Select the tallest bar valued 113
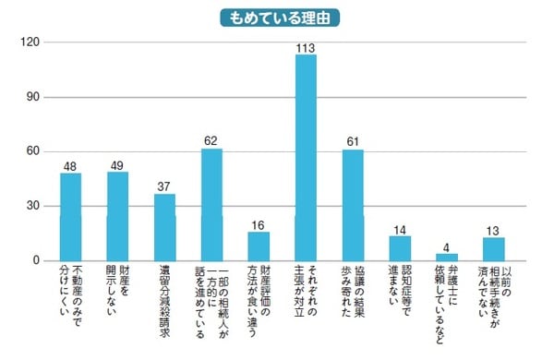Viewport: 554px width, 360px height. (x=306, y=158)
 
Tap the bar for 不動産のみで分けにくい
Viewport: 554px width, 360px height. (x=71, y=217)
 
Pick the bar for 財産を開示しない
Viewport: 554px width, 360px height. (x=118, y=216)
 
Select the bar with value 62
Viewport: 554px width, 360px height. (x=211, y=204)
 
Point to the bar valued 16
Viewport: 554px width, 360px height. (x=259, y=246)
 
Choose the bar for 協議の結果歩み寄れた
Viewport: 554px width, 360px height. (x=353, y=205)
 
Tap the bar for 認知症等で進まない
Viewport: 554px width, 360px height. (x=400, y=248)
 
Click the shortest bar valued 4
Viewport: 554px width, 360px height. (x=447, y=258)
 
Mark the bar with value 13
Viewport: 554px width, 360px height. (x=494, y=249)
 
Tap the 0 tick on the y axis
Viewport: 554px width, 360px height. (x=35, y=261)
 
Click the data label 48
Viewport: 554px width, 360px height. (x=71, y=166)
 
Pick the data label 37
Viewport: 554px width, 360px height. (x=165, y=186)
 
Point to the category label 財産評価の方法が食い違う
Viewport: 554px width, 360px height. (x=259, y=299)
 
